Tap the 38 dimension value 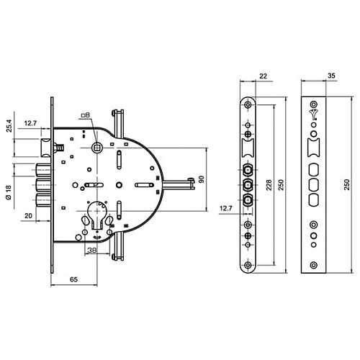click(x=92, y=250)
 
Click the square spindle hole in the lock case click(x=96, y=148)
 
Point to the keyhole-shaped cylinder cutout click(x=95, y=220)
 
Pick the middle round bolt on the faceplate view click(x=248, y=185)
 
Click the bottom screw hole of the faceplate click(x=248, y=266)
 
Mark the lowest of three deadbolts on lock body click(x=42, y=199)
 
